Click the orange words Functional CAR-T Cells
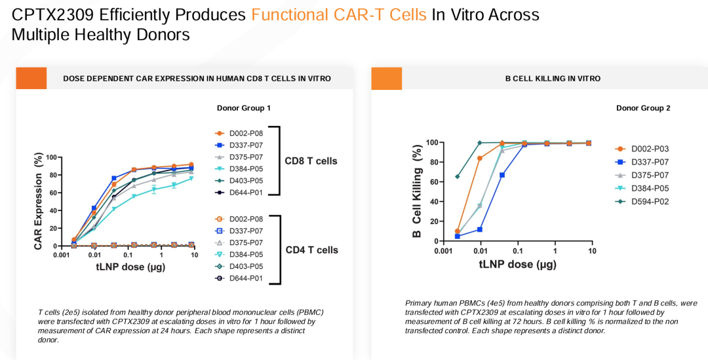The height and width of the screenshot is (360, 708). click(338, 14)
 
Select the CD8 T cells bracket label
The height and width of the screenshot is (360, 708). click(311, 161)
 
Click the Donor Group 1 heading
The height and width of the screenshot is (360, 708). click(244, 108)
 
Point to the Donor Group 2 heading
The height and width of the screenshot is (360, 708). click(643, 108)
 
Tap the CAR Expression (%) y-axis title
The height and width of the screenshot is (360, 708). click(38, 201)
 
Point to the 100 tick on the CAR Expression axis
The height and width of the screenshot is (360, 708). click(51, 157)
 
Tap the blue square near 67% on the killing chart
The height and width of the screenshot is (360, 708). click(502, 175)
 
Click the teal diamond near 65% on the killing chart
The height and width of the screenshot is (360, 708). click(458, 176)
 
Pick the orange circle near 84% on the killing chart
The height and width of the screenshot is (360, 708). click(480, 158)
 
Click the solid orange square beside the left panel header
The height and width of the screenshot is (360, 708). click(31, 78)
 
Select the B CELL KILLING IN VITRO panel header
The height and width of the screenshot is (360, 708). click(553, 78)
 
